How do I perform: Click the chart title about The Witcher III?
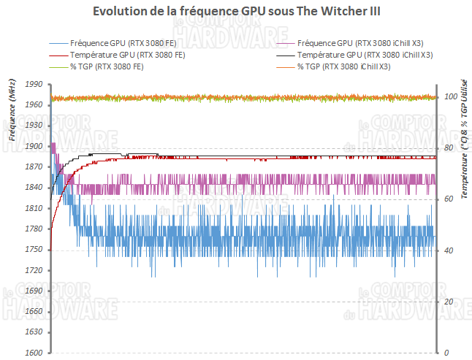(235, 12)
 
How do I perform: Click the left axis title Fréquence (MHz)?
(12, 110)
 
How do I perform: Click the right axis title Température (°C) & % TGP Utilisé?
(463, 139)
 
